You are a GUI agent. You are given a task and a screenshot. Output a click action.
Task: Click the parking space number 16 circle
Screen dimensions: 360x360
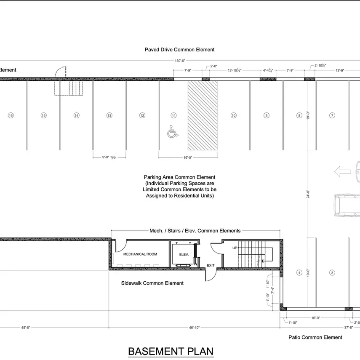[11, 115]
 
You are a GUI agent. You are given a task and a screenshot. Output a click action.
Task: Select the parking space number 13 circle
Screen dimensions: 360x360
[109, 115]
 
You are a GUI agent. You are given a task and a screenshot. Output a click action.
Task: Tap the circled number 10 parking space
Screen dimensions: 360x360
[234, 115]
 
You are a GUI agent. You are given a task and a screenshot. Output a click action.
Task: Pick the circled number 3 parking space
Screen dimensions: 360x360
[332, 272]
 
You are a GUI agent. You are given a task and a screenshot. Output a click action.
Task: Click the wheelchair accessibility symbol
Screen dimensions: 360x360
[173, 131]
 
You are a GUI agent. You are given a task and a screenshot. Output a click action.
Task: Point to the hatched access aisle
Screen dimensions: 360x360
[203, 115]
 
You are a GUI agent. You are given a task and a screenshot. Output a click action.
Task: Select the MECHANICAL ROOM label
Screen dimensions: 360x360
[140, 254]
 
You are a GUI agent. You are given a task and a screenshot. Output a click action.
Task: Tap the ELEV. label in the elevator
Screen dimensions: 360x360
[184, 254]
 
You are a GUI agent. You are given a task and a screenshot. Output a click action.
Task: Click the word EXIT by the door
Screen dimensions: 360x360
[211, 265]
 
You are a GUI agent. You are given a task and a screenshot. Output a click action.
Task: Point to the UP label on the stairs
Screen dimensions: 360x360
[235, 248]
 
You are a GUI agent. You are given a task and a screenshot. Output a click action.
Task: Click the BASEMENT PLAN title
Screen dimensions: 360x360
[171, 351]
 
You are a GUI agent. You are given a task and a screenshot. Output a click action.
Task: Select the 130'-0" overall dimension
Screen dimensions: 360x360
[180, 61]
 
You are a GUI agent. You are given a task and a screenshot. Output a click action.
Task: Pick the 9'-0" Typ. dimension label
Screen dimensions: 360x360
[109, 157]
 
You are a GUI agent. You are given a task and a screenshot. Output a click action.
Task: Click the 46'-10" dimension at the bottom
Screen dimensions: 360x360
[194, 328]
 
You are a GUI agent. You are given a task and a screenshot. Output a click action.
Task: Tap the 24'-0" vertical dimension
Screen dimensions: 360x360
[308, 194]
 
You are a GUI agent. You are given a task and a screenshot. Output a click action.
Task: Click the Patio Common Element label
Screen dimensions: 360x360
[315, 337]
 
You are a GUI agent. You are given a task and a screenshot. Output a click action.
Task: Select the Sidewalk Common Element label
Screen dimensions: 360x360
[152, 283]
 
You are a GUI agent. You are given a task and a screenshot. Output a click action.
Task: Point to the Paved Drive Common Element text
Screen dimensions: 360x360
[179, 50]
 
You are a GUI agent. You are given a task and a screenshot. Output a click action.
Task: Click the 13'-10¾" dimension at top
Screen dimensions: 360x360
[235, 70]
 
